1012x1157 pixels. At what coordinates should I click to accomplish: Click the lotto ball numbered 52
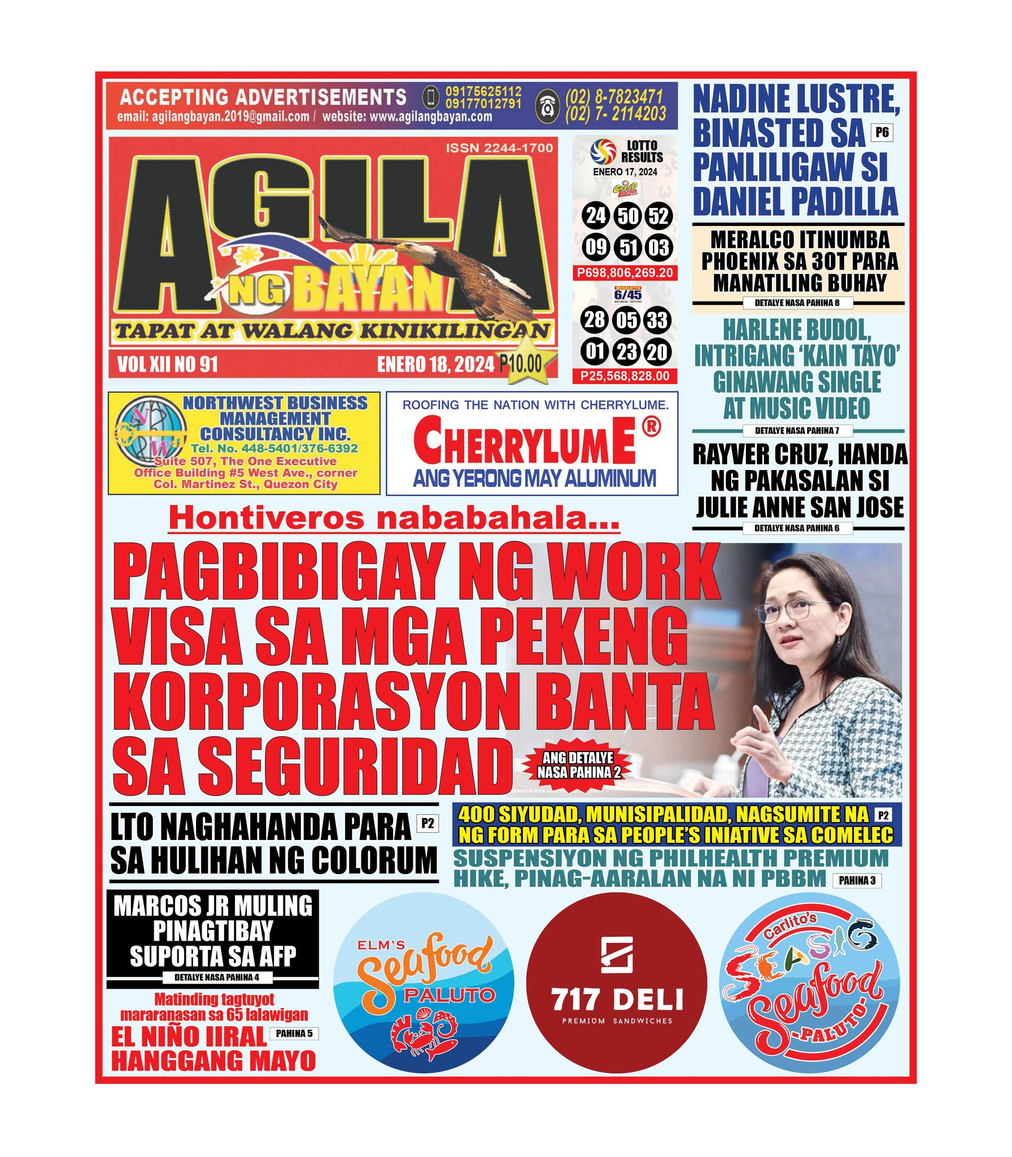[x=658, y=216]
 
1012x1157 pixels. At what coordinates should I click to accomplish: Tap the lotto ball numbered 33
[x=657, y=320]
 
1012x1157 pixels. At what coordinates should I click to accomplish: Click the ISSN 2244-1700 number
[x=499, y=149]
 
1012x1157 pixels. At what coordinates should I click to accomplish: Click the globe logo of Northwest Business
[x=149, y=442]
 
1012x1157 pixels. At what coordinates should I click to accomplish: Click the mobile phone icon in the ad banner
[x=431, y=98]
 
